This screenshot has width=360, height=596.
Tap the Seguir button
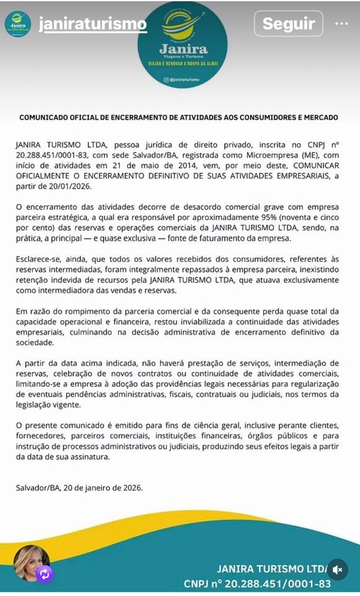pyautogui.click(x=288, y=24)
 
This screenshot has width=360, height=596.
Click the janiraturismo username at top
pyautogui.click(x=93, y=24)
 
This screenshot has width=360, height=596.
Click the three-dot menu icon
pyautogui.click(x=341, y=24)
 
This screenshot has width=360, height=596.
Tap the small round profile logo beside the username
pyautogui.click(x=18, y=24)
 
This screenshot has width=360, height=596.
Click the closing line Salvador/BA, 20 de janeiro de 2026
pyautogui.click(x=79, y=488)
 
